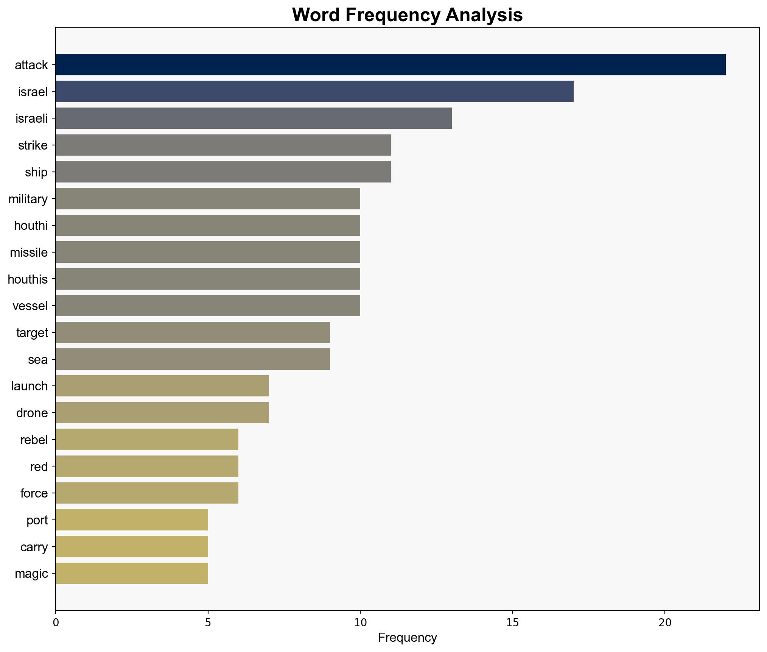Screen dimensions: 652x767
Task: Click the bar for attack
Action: tap(391, 65)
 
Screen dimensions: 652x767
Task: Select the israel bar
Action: tap(314, 92)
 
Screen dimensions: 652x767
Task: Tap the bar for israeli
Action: tap(254, 118)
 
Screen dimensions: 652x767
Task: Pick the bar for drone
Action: tap(162, 413)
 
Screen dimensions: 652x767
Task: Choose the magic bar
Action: tap(132, 573)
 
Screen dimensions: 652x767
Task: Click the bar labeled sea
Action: tap(193, 359)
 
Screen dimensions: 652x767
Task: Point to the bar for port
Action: tap(132, 520)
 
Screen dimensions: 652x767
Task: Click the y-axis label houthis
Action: tap(28, 279)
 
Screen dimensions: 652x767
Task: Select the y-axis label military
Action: tap(28, 199)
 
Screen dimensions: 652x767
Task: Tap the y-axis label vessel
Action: tap(30, 306)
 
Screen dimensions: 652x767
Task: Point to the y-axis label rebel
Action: tap(34, 440)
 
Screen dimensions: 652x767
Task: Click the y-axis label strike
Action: tap(33, 145)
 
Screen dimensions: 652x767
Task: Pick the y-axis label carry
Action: tap(34, 547)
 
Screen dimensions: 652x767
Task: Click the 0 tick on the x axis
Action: tap(56, 622)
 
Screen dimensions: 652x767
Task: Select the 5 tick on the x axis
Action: tap(208, 622)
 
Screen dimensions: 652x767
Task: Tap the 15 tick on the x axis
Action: tap(512, 622)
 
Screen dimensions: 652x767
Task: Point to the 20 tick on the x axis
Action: tap(664, 622)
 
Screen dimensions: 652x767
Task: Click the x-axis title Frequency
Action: tap(407, 638)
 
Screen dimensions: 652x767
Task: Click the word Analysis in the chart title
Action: tap(484, 16)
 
